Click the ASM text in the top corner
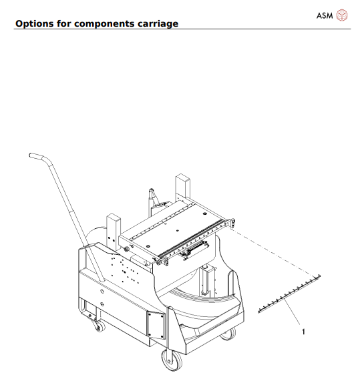coord(325,14)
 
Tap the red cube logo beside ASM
coord(343,14)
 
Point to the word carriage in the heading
coord(157,24)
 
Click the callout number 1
coord(304,330)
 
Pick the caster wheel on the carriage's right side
coord(228,332)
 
